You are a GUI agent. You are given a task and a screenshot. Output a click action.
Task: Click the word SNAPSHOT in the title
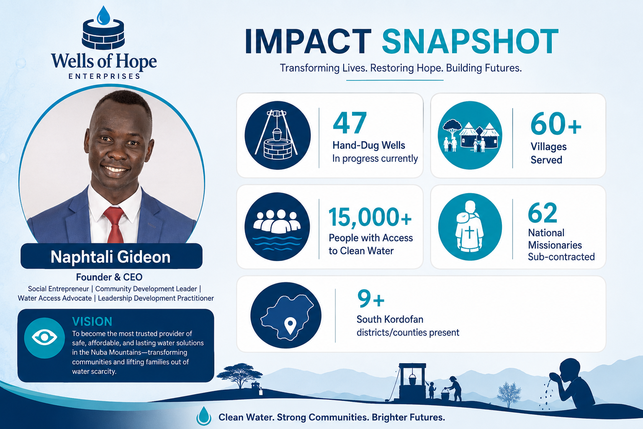pyautogui.click(x=470, y=41)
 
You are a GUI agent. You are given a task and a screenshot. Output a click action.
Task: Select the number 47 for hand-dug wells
pyautogui.click(x=350, y=123)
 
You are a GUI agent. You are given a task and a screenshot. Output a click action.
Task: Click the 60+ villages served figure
pyautogui.click(x=556, y=124)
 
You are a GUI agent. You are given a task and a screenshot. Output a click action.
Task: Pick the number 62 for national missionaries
pyautogui.click(x=543, y=213)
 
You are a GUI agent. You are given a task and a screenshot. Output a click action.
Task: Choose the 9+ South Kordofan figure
pyautogui.click(x=370, y=299)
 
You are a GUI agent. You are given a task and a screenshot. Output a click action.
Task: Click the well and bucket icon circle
pyautogui.click(x=278, y=135)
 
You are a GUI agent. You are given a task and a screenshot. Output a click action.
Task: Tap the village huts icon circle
pyautogui.click(x=470, y=135)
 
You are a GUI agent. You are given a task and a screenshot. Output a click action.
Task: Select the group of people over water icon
pyautogui.click(x=277, y=226)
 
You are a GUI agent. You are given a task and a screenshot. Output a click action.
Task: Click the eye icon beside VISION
pyautogui.click(x=44, y=338)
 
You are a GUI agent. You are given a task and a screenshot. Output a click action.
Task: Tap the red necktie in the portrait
pyautogui.click(x=114, y=225)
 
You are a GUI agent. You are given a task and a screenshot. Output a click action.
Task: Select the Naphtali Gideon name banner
pyautogui.click(x=111, y=256)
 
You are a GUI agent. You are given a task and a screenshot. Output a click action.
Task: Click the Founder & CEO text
pyautogui.click(x=109, y=277)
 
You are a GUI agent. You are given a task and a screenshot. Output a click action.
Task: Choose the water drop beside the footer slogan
pyautogui.click(x=203, y=416)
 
